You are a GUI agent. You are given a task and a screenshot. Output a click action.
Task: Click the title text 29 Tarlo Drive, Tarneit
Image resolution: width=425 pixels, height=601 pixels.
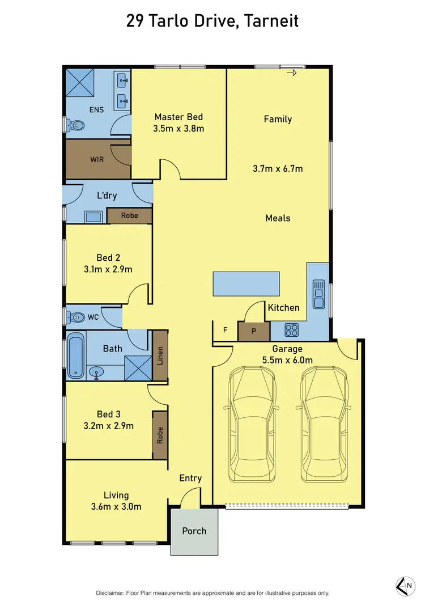point(212,22)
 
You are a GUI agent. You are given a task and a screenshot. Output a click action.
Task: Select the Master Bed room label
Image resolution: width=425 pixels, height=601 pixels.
point(178,117)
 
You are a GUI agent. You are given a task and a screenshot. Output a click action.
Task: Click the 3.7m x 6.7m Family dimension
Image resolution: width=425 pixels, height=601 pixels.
point(278,168)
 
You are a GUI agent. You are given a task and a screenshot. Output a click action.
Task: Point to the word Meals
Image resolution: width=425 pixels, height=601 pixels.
point(278,218)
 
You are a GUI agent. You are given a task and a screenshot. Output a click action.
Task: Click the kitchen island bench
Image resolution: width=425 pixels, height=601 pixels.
point(246,283)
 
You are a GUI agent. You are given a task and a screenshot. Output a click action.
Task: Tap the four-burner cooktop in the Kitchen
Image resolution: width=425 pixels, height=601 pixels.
point(291,329)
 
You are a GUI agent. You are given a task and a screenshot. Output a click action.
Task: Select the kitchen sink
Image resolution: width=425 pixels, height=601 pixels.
point(318,294)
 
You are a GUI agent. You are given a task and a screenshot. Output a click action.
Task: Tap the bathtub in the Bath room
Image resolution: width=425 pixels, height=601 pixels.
point(75,357)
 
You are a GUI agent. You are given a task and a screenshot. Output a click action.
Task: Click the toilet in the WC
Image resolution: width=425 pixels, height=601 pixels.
point(75,317)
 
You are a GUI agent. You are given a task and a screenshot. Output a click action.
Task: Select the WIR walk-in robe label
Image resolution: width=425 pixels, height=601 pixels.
point(97,159)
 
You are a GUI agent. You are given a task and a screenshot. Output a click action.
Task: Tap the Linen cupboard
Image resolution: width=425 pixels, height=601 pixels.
point(160,355)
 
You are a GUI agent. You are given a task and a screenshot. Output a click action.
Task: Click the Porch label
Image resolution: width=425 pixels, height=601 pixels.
point(194,531)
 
